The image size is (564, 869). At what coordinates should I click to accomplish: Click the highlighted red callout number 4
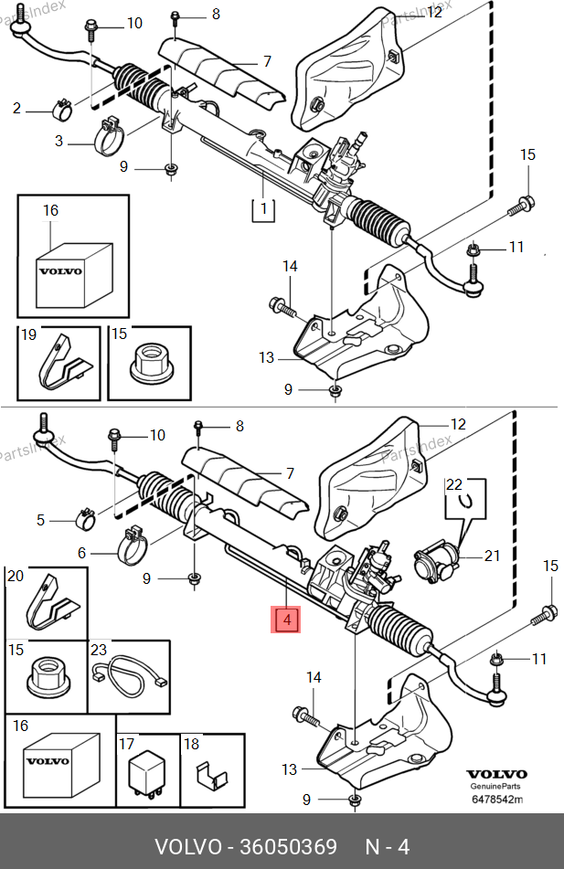click(286, 621)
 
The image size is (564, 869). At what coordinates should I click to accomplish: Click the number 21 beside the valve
click(494, 556)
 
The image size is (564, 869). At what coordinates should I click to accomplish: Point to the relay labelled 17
click(147, 772)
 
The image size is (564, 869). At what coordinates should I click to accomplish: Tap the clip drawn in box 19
click(61, 366)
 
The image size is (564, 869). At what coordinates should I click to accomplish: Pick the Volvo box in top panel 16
click(60, 273)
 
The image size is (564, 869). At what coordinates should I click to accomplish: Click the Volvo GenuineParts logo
click(497, 779)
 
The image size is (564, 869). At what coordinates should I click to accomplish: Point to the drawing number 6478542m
click(497, 800)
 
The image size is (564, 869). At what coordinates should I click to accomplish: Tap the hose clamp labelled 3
click(111, 137)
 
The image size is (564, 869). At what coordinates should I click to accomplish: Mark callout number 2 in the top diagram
click(16, 109)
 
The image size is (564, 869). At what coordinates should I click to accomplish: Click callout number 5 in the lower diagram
click(41, 520)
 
